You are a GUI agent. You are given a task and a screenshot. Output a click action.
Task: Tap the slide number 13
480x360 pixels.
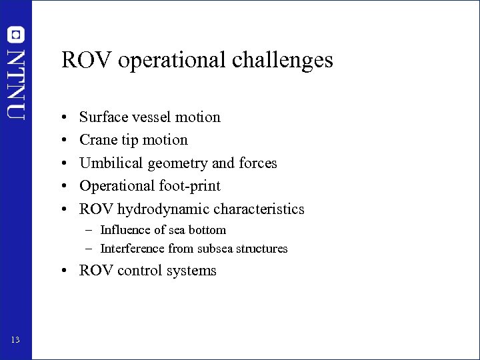[15, 341]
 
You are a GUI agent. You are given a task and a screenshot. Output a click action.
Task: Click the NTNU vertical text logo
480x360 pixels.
[17, 83]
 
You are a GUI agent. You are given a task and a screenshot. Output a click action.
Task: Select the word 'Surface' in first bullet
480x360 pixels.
[102, 117]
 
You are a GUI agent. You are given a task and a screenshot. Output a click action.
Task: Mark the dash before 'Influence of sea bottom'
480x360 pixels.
[88, 230]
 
